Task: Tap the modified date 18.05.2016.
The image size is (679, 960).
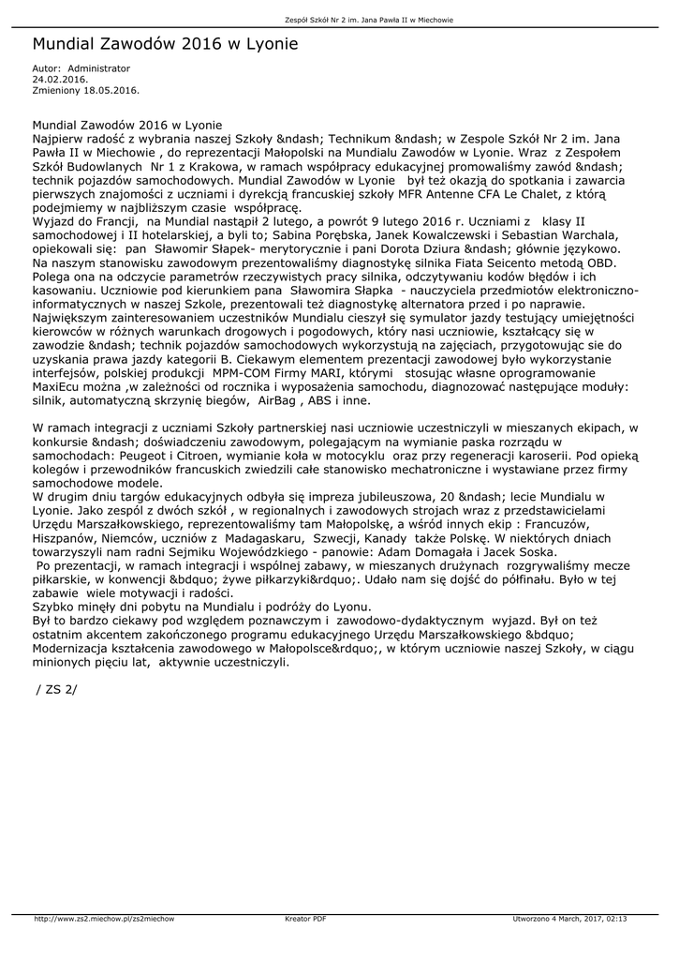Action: (x=112, y=90)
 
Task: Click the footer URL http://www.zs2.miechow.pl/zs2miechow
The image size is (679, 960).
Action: (x=104, y=919)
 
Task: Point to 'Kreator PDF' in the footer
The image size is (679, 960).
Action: (x=305, y=919)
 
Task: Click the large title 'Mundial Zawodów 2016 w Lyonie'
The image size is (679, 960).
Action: (x=165, y=44)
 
